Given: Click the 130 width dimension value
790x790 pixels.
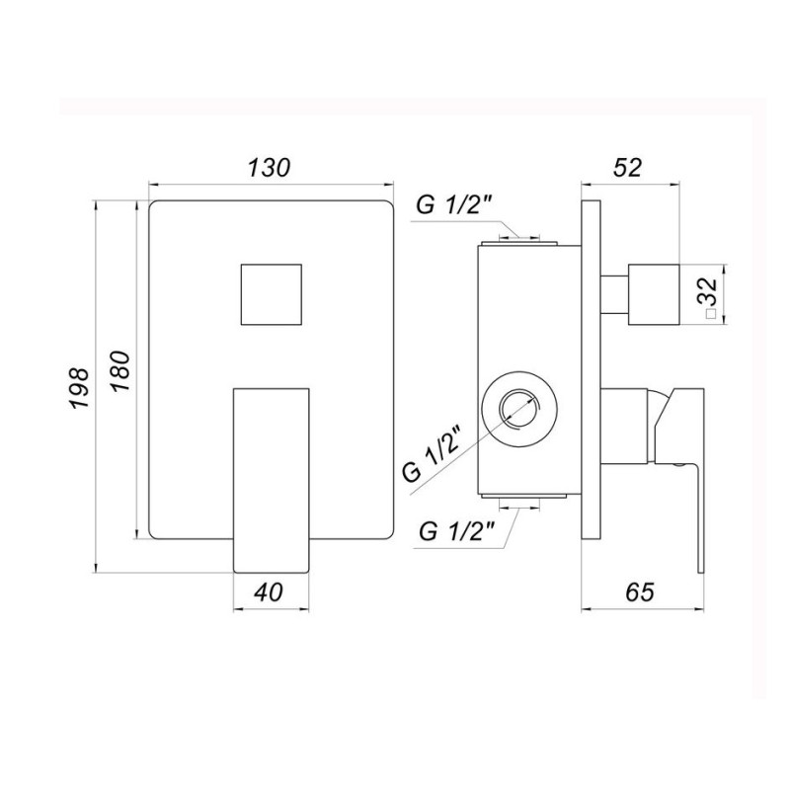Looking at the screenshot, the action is [270, 167].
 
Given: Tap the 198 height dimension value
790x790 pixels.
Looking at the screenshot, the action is [79, 387].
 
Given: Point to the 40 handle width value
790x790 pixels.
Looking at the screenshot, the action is [269, 592].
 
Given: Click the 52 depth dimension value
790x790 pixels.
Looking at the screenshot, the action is [627, 167].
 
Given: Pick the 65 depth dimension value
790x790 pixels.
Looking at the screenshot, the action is [639, 592].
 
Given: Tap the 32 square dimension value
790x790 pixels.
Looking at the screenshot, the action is [709, 290].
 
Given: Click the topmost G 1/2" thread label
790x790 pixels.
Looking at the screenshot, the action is [454, 205].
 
